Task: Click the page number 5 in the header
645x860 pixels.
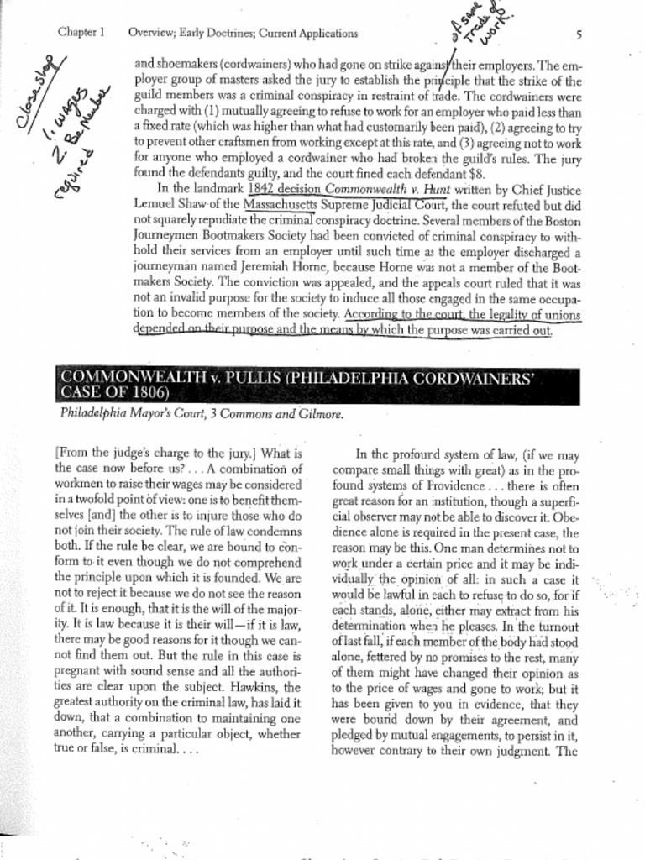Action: tap(579, 34)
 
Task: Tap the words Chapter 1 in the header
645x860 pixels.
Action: tap(81, 34)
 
